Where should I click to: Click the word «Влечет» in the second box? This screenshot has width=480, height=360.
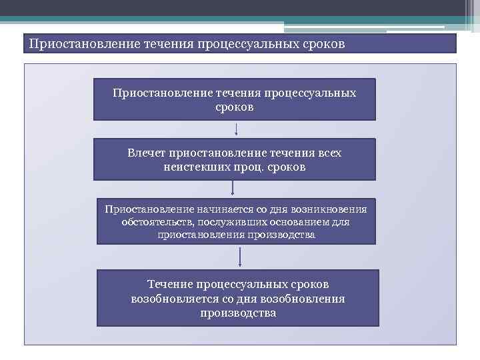147,153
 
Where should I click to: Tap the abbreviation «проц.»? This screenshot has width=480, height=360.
246,167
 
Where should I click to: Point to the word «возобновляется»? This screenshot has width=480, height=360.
175,299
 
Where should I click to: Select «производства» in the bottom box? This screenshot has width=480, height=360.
237,313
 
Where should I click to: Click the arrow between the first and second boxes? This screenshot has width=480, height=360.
237,129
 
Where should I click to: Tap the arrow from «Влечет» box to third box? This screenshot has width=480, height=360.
232,189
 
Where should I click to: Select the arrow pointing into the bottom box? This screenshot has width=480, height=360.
239,257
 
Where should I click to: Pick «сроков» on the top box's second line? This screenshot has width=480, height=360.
234,107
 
